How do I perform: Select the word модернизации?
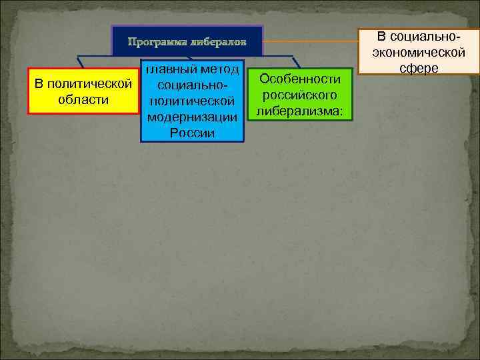(x=192, y=117)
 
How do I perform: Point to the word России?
(x=192, y=133)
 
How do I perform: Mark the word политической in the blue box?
(x=192, y=101)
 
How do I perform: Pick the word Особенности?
(x=299, y=79)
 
